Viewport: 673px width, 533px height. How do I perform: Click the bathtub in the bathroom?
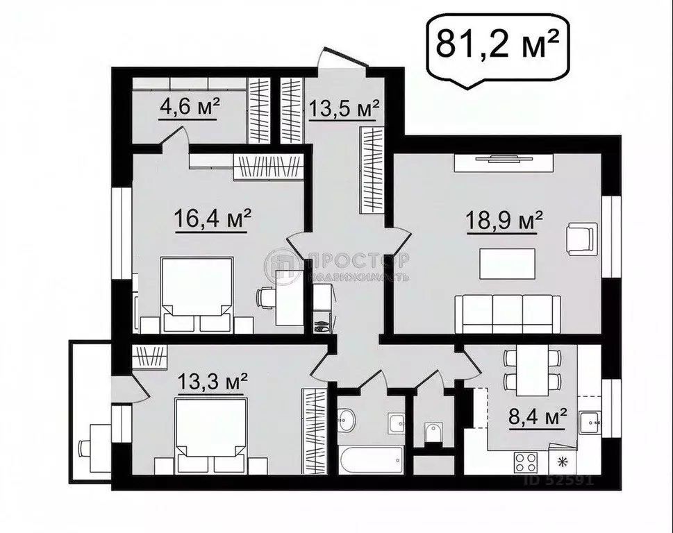(370, 458)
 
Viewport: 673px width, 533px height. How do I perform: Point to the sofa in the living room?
(508, 314)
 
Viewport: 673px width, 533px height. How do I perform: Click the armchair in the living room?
(581, 239)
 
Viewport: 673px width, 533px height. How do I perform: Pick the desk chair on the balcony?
(85, 448)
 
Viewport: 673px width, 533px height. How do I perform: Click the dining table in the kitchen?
(532, 369)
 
